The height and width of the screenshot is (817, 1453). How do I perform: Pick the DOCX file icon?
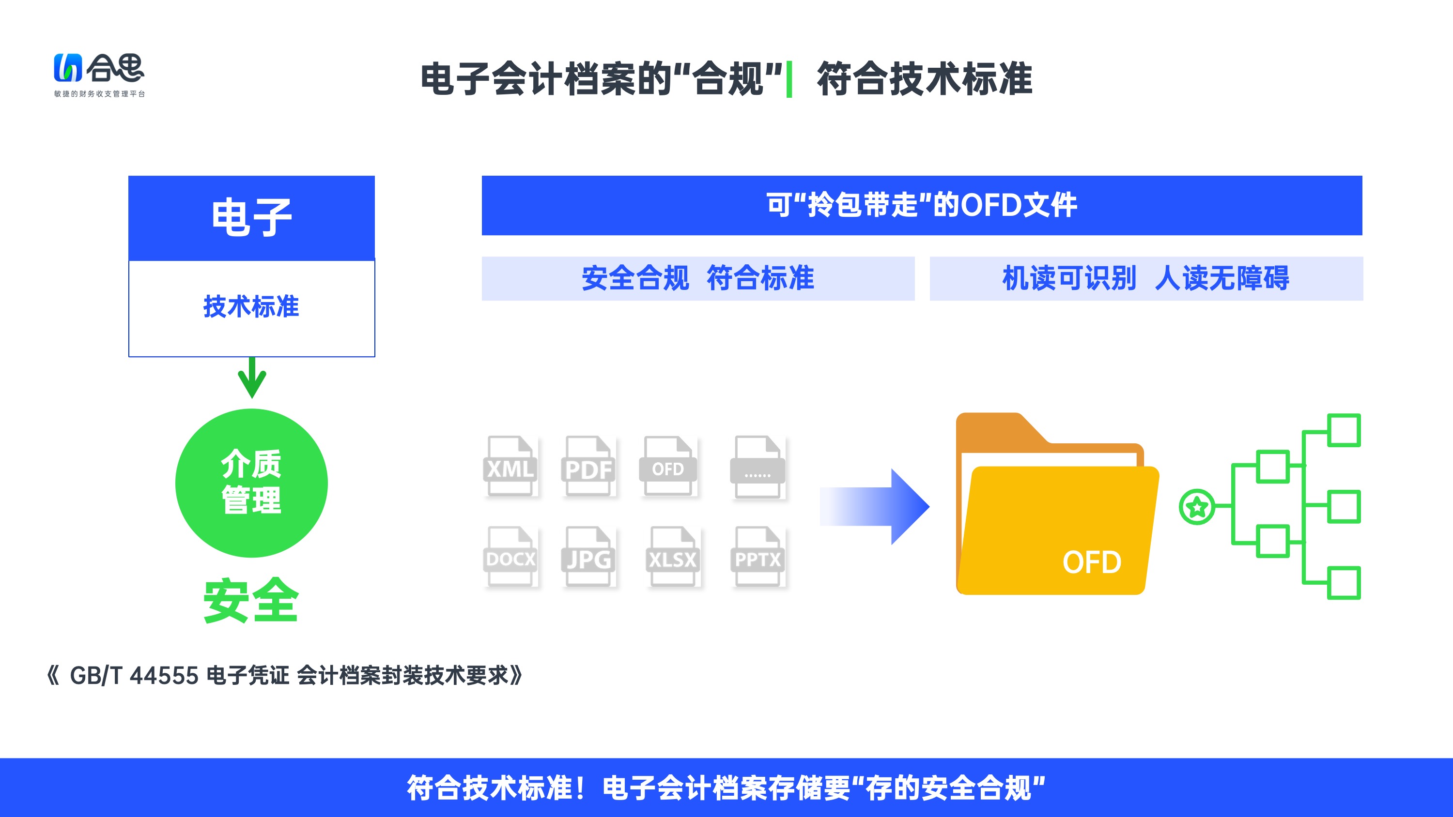(510, 557)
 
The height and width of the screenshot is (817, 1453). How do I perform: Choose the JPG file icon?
(588, 557)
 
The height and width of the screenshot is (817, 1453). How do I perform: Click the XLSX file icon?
(673, 557)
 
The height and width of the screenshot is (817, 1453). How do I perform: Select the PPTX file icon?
(757, 557)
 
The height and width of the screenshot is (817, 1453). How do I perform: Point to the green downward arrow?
(252, 378)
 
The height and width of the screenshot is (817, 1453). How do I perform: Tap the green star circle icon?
(1197, 507)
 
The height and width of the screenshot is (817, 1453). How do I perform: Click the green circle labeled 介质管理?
(251, 483)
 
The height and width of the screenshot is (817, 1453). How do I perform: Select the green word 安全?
(251, 601)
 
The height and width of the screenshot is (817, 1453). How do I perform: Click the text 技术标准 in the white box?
(251, 307)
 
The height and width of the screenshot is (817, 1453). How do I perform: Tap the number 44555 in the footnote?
(164, 676)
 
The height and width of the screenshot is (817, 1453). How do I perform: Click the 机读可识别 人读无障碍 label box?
(1146, 278)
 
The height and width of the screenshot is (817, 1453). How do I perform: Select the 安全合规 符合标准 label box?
(698, 278)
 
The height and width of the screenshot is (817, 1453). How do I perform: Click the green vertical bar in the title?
(789, 79)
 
